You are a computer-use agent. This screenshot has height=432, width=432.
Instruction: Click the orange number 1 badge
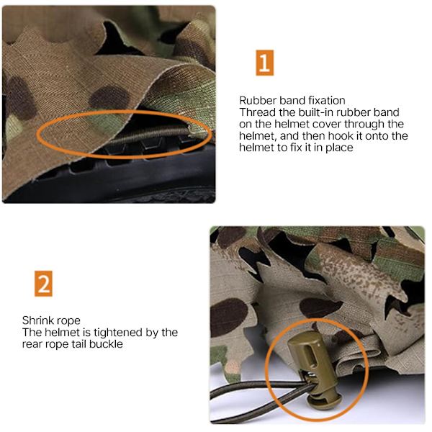(264, 63)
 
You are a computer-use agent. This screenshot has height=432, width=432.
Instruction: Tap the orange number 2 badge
(43, 284)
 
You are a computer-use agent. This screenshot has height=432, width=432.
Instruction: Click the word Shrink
(36, 320)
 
